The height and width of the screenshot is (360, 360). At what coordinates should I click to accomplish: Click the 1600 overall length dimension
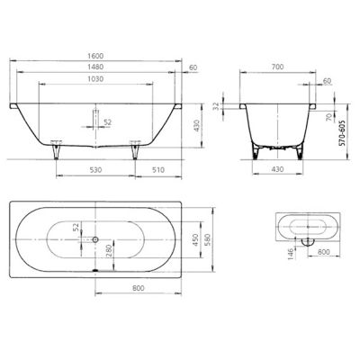click(x=96, y=56)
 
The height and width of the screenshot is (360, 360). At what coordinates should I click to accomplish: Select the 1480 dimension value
click(x=96, y=67)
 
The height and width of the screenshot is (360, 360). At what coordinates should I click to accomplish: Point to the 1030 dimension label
click(x=96, y=79)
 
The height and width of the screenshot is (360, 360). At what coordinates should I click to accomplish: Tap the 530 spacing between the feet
click(x=95, y=170)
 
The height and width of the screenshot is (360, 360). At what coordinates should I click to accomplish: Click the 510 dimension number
click(x=158, y=170)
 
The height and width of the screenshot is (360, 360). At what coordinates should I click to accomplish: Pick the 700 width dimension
click(x=277, y=67)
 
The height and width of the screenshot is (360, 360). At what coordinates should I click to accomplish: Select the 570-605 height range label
click(x=341, y=133)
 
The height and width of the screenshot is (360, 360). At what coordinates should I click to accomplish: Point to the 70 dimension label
click(x=329, y=117)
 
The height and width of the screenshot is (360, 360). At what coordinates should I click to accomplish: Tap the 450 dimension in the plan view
click(x=195, y=240)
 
